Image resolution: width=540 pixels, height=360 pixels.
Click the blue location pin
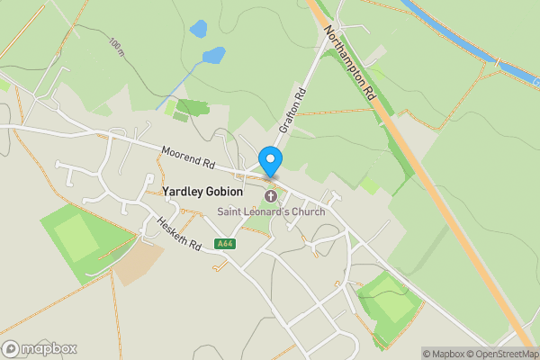coord(270,160)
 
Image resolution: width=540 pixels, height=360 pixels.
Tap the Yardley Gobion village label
coord(202,191)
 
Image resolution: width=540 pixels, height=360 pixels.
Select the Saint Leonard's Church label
coord(270,211)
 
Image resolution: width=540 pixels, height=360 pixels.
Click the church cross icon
coord(270,196)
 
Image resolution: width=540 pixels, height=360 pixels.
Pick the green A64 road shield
coord(225,243)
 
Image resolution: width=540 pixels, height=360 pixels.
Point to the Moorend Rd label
coord(189,158)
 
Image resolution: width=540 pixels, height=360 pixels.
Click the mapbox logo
coord(40,348)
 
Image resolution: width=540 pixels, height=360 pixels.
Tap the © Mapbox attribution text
coord(443,353)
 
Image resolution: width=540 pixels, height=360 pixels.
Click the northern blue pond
coord(198,29)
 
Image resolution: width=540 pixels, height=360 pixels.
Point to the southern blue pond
coord(213,57)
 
